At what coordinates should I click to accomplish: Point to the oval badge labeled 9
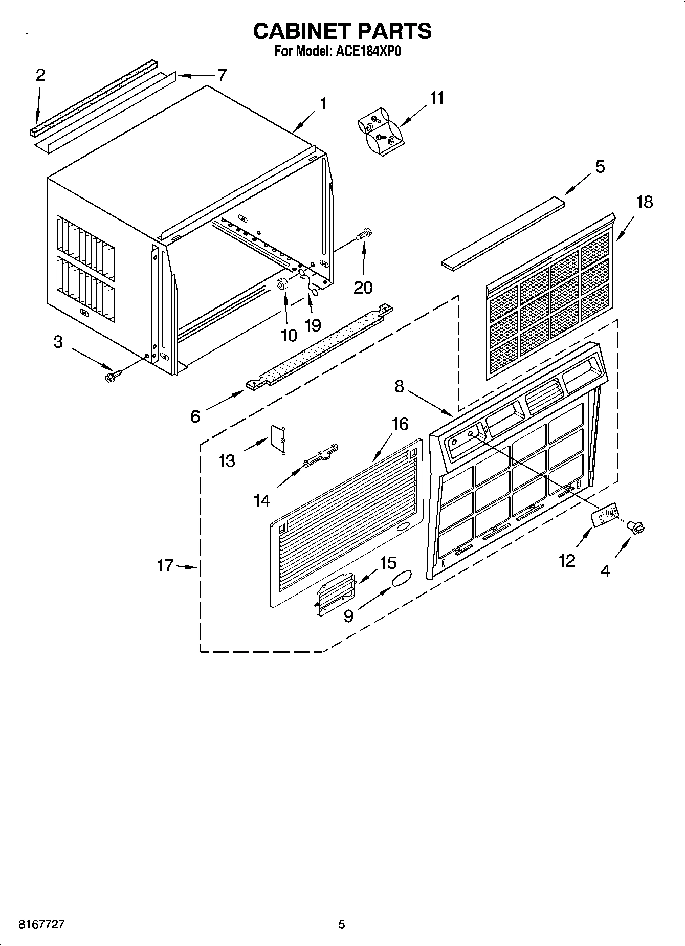pyautogui.click(x=403, y=578)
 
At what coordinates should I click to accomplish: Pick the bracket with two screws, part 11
pyautogui.click(x=381, y=131)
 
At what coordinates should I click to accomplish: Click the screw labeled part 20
pyautogui.click(x=365, y=235)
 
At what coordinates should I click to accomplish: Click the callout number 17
pyautogui.click(x=165, y=566)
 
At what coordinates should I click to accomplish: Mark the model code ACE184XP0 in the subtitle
pyautogui.click(x=372, y=51)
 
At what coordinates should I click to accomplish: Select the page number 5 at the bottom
pyautogui.click(x=342, y=924)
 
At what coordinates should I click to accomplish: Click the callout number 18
pyautogui.click(x=644, y=202)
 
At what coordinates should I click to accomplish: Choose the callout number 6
pyautogui.click(x=195, y=416)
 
